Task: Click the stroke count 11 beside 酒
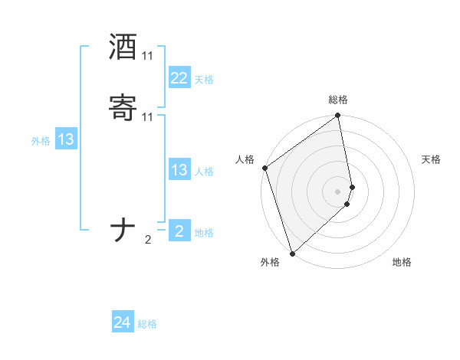pyautogui.click(x=147, y=56)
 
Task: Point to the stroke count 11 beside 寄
pyautogui.click(x=147, y=116)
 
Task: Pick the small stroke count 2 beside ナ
pyautogui.click(x=148, y=240)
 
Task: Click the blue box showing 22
pyautogui.click(x=179, y=78)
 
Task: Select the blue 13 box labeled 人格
pyautogui.click(x=179, y=170)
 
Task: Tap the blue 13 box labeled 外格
pyautogui.click(x=65, y=139)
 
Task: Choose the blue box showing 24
pyautogui.click(x=123, y=323)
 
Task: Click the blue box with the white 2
pyautogui.click(x=179, y=231)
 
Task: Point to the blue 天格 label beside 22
pyautogui.click(x=204, y=80)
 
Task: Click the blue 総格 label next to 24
pyautogui.click(x=147, y=324)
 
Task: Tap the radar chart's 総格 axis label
pyautogui.click(x=338, y=100)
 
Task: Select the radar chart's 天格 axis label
pyautogui.click(x=431, y=159)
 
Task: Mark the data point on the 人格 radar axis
pyautogui.click(x=264, y=168)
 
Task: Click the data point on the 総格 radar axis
pyautogui.click(x=338, y=116)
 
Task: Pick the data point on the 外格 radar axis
pyautogui.click(x=291, y=253)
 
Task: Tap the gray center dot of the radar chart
pyautogui.click(x=338, y=191)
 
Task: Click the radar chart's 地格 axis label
pyautogui.click(x=402, y=262)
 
